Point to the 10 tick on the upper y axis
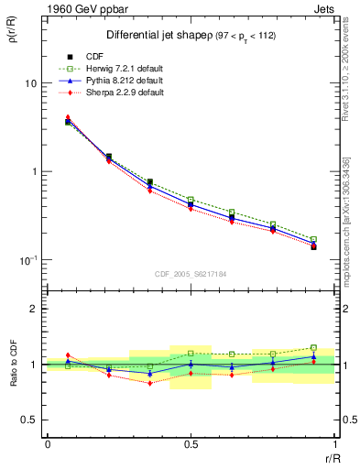(x=29, y=82)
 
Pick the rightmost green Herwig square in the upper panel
(x=313, y=239)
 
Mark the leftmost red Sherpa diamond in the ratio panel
(x=68, y=354)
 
